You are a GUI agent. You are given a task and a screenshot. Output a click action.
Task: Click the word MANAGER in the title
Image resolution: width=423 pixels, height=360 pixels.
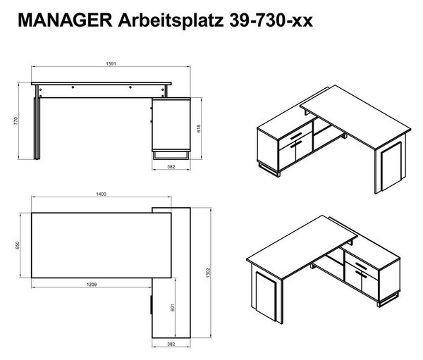pos(65,20)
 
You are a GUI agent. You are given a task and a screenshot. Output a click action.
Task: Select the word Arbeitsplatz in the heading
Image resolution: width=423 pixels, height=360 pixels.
pos(171,20)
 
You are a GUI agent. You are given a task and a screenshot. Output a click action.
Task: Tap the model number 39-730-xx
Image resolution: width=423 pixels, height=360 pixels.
pos(271,20)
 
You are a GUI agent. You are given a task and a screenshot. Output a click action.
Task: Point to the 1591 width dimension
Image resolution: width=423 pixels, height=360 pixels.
pos(111,63)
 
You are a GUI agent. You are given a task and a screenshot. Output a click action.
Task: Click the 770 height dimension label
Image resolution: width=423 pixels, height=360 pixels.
pos(16,120)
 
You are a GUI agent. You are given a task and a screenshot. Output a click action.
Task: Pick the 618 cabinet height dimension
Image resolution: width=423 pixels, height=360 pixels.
pos(199,128)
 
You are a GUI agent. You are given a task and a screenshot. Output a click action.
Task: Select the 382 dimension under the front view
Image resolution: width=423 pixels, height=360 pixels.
pos(171,167)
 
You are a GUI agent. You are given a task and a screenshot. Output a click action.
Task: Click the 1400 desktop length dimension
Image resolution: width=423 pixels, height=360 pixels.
pos(101,194)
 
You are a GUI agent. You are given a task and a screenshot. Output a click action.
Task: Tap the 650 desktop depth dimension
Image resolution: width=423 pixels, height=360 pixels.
pos(18,245)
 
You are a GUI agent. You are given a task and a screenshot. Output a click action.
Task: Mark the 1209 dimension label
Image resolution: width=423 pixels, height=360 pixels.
pos(92,284)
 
